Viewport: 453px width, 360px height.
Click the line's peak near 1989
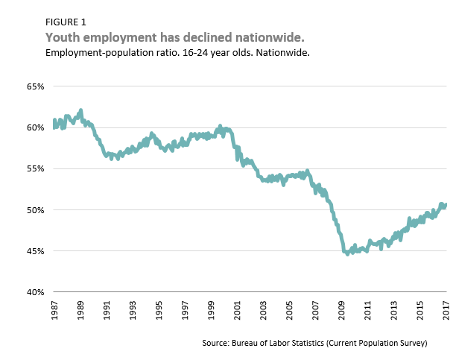(x=80, y=111)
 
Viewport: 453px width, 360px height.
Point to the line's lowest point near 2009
(x=347, y=253)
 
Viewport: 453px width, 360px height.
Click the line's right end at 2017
(x=445, y=204)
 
